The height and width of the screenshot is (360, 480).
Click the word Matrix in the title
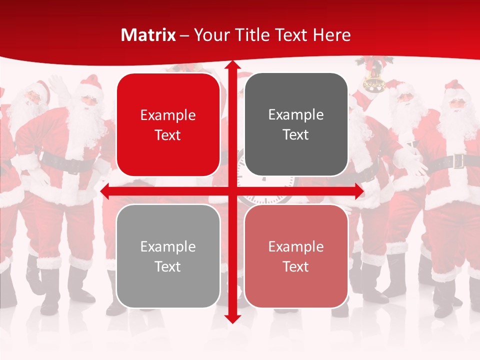point(148,35)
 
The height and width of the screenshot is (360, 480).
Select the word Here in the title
point(331,35)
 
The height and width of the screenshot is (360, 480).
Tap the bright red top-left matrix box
point(168,124)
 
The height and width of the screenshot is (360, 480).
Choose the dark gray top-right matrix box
point(296,124)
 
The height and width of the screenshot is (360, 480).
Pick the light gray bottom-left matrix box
point(168,256)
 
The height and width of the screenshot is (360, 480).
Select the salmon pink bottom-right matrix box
point(296,256)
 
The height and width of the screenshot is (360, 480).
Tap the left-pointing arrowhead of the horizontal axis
point(105,191)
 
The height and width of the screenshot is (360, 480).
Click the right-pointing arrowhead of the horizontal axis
point(359,191)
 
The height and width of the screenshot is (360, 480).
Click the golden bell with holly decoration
point(372,80)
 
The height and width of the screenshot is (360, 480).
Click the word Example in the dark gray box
point(296,114)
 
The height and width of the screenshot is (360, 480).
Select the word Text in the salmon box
point(296,266)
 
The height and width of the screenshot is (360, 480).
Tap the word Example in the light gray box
point(168,246)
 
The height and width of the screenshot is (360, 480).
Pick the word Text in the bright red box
point(168,135)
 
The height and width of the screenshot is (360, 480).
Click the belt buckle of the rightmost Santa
point(458,161)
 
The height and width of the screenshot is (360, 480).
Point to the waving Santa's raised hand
point(58,83)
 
